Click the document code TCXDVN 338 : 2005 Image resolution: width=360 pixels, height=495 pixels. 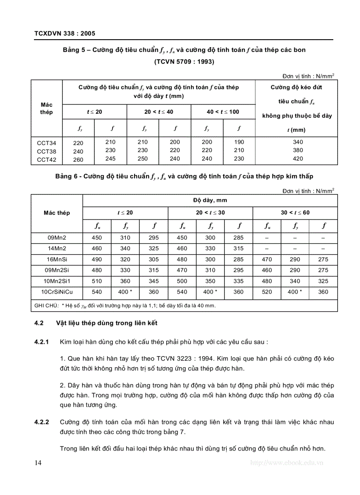tap(64, 33)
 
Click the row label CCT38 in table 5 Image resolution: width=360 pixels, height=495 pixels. tap(46, 151)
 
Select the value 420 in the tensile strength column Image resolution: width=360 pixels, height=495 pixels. tap(298, 159)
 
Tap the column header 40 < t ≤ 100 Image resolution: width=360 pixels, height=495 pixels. tap(223, 112)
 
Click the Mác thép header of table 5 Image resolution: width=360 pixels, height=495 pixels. tap(46, 108)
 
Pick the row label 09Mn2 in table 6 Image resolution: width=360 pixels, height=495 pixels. tap(57, 238)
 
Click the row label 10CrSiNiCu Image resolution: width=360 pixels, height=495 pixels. tap(57, 292)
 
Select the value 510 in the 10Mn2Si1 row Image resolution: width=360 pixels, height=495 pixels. tap(97, 281)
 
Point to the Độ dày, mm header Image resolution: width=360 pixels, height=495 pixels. tap(210, 200)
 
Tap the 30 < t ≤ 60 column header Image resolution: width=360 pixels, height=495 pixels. tap(295, 212)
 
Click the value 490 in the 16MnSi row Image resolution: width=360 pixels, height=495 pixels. tap(97, 260)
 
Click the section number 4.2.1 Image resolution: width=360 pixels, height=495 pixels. tap(41, 342)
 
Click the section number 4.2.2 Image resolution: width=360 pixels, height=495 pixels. tap(41, 422)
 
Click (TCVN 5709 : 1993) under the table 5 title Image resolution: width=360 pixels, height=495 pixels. tap(184, 62)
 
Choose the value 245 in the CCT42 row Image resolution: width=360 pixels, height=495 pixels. tap(111, 159)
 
